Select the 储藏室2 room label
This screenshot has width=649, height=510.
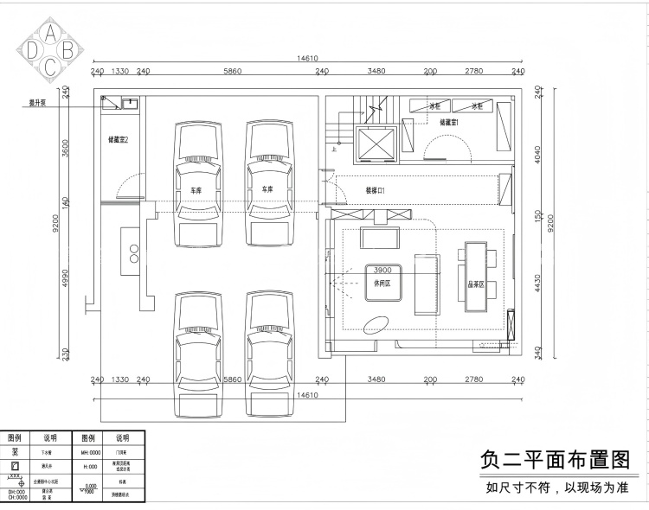pyautogui.click(x=119, y=138)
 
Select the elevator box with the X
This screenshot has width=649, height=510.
pyautogui.click(x=375, y=142)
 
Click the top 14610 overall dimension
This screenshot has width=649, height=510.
pyautogui.click(x=307, y=59)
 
